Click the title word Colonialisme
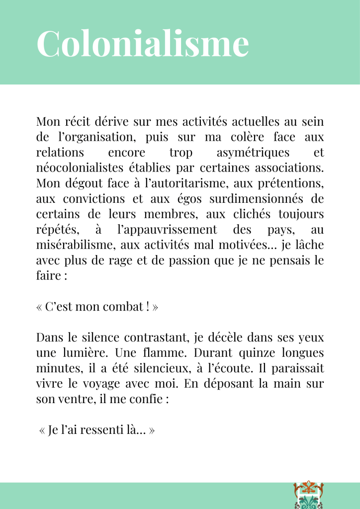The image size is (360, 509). point(143,44)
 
